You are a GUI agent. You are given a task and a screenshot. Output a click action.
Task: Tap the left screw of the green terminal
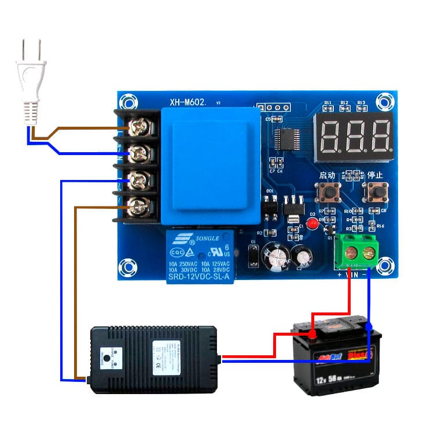click(x=350, y=252)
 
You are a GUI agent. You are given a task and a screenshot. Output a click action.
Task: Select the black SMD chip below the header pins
click(x=286, y=138)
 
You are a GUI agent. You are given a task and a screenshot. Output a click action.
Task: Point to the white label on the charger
click(x=166, y=354)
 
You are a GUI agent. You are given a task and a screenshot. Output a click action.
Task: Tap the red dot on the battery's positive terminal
click(x=312, y=334)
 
